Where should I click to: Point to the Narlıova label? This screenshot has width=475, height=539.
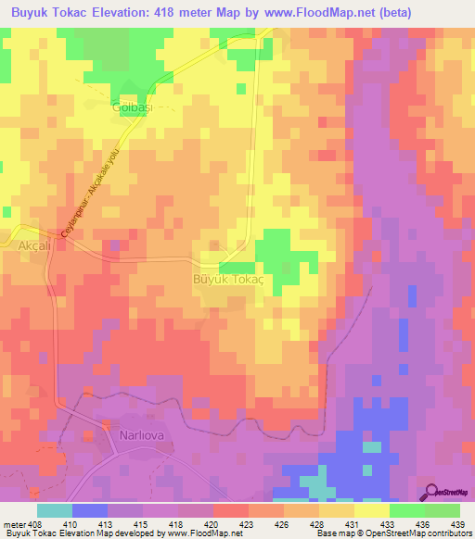click(x=122, y=432)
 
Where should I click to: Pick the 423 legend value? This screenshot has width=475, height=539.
click(x=247, y=524)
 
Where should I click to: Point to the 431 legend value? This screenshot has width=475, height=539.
click(x=352, y=524)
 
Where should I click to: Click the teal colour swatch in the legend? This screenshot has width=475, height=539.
click(x=54, y=511)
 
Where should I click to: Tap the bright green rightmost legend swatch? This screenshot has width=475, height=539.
click(x=442, y=511)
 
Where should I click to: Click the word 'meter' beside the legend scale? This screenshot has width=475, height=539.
click(x=16, y=524)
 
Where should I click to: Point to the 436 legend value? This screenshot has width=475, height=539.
click(x=422, y=524)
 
